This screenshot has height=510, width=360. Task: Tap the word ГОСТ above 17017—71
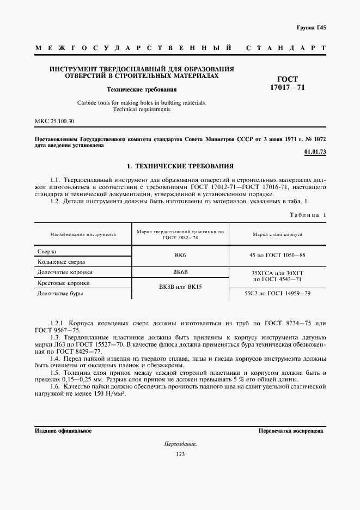(288, 78)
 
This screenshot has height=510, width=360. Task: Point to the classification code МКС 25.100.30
(54, 120)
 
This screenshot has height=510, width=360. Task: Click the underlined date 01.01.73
(315, 151)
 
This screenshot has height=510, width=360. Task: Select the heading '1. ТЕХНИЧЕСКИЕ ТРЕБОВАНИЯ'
(180, 165)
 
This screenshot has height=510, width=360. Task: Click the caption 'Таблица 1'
(308, 216)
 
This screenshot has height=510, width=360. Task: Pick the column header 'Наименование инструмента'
(83, 235)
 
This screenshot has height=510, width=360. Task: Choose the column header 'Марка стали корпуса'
(277, 235)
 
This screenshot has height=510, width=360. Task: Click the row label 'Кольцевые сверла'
(61, 262)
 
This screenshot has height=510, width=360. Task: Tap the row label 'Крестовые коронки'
(63, 283)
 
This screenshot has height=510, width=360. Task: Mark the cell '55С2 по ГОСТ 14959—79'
(278, 293)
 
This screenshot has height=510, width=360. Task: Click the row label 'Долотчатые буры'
(61, 293)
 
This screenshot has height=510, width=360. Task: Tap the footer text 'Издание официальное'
(63, 430)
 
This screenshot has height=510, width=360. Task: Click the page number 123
(180, 454)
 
